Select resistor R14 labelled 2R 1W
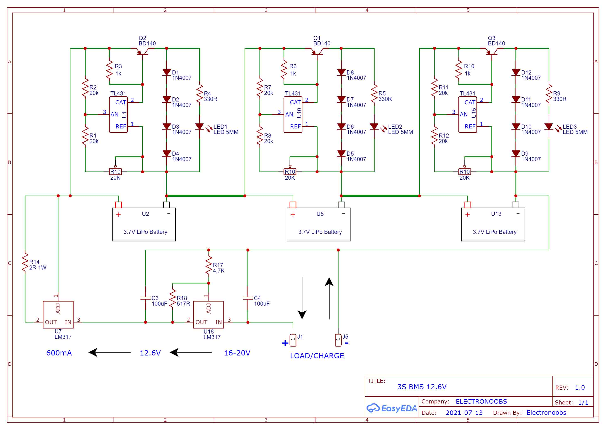25,262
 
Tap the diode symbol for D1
166,72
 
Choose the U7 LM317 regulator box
58,315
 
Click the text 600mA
59,353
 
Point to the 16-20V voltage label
237,353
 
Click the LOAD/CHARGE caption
317,356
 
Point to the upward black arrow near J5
329,298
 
